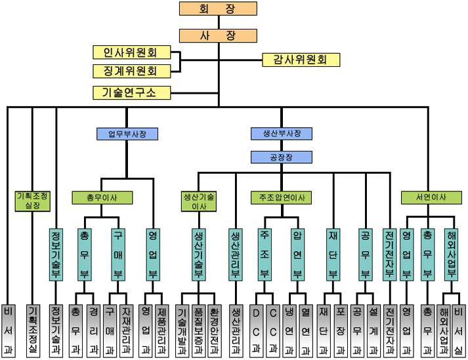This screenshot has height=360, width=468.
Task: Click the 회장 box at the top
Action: click(218, 9)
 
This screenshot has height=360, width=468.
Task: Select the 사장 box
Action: click(218, 35)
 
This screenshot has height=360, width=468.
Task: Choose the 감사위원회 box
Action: click(301, 60)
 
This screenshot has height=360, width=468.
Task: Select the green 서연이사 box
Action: click(431, 197)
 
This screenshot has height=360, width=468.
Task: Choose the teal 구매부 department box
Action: click(118, 253)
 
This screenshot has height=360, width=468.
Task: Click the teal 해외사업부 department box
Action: click(450, 253)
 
